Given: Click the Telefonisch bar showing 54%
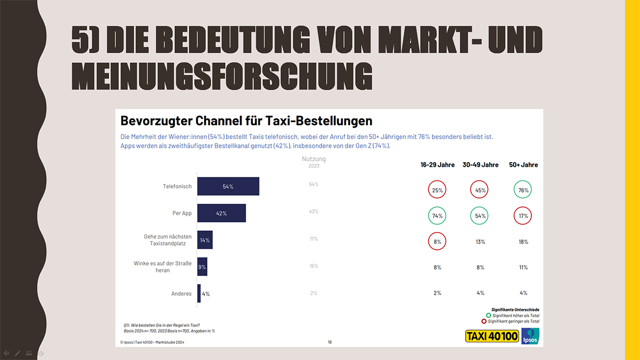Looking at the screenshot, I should coord(228,187).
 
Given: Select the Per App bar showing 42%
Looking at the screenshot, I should coord(221,213).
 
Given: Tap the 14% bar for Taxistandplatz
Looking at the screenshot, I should coord(205,240).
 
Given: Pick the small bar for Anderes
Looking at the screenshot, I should coord(199,293).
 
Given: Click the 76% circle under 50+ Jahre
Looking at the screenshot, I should coord(523,190).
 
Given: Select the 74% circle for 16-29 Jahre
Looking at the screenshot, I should coord(437,216).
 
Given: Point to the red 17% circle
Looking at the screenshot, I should coord(523,216).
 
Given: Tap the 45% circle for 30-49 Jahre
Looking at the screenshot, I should coord(480,190).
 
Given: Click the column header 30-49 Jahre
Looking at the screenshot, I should coord(480,165).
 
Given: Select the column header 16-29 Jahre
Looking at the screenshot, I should coord(437,165).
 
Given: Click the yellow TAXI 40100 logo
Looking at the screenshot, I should coord(492,337).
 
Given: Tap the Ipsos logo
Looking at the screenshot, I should coord(531,336).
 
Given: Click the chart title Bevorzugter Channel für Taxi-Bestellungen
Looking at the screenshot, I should coord(246,120).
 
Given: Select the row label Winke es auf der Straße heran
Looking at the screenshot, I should coord(163,267).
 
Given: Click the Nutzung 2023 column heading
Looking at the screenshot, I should coord(314,162).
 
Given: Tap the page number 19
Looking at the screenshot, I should coord(330,342).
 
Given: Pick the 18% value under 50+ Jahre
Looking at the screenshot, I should coord(523,242).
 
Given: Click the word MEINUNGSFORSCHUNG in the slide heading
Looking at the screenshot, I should coord(221,76).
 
